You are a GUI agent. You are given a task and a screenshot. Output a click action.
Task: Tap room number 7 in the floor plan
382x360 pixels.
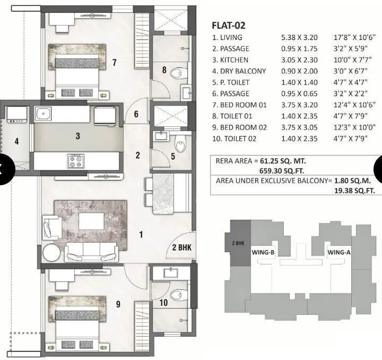(x=114, y=63)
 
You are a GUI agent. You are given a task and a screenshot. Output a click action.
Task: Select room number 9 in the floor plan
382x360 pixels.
(x=118, y=304)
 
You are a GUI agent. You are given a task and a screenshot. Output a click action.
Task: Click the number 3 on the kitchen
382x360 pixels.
(x=77, y=136)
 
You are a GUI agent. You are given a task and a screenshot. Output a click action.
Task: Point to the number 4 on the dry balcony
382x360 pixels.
(x=16, y=141)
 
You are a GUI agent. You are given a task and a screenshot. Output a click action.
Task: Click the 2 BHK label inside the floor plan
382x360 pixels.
(x=182, y=247)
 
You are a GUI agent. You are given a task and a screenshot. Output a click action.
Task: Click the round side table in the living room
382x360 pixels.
(x=53, y=252)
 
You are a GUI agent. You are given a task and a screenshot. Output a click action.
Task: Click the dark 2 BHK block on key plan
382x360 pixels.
(x=237, y=243)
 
